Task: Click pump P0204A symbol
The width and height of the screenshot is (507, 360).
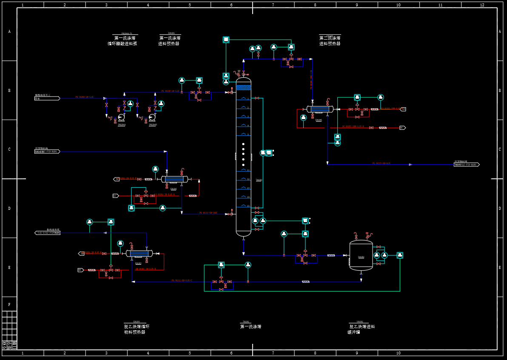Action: [x=121, y=117]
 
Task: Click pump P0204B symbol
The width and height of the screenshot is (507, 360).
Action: [x=152, y=117]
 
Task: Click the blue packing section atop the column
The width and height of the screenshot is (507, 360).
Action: [x=244, y=88]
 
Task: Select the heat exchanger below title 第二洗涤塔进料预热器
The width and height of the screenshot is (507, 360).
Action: [x=319, y=109]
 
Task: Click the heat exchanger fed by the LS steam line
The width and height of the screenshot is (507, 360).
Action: [x=174, y=179]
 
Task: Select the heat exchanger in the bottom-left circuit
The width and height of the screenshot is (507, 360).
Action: [x=139, y=253]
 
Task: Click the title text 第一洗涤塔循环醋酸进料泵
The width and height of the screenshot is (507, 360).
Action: [x=122, y=41]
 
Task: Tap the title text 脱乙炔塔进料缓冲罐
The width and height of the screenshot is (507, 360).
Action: [x=361, y=329]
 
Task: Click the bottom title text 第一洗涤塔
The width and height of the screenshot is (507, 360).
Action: [x=251, y=327]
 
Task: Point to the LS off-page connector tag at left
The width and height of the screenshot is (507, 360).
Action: [x=115, y=196]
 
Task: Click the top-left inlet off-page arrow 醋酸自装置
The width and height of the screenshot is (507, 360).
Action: [x=47, y=98]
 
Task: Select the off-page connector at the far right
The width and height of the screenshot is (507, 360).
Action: [x=467, y=164]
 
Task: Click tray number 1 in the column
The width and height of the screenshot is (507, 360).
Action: [x=244, y=99]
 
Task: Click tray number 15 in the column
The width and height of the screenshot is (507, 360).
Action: [x=244, y=206]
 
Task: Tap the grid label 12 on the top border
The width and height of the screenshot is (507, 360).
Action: [x=482, y=5]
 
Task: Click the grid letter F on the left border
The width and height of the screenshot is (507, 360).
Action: [x=9, y=304]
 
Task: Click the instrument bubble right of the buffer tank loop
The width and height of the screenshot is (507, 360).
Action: [x=399, y=255]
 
